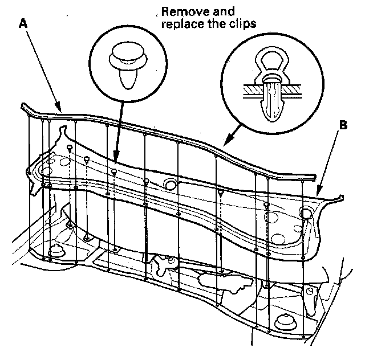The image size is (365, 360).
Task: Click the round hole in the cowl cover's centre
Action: (x=169, y=184)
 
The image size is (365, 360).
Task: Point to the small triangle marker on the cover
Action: (x=220, y=194)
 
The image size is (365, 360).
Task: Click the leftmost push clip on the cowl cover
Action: (x=69, y=149)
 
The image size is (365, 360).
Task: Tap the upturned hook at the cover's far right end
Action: (x=341, y=197)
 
